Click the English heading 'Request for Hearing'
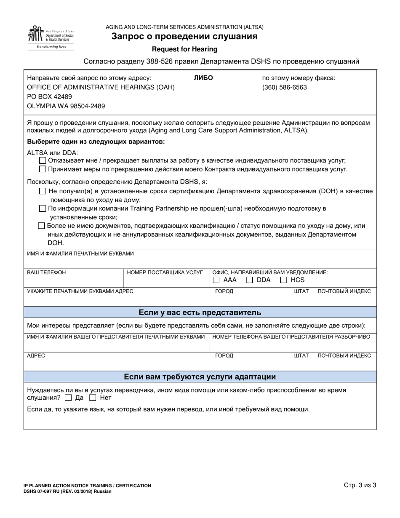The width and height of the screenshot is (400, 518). click(x=184, y=49)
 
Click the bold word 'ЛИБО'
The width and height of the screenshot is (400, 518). click(x=203, y=78)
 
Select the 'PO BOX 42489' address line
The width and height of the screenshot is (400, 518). click(x=49, y=97)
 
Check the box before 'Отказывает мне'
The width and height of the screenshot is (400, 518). click(x=42, y=160)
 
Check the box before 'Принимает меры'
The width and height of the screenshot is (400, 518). click(x=42, y=169)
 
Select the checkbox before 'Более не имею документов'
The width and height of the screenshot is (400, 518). click(x=41, y=226)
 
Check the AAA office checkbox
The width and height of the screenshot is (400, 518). click(x=216, y=280)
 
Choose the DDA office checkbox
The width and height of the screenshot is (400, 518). click(x=250, y=280)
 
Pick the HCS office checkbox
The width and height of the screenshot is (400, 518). click(x=284, y=280)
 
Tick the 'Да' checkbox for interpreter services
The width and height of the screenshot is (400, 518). click(x=69, y=398)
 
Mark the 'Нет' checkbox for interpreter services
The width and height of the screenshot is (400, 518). click(x=93, y=398)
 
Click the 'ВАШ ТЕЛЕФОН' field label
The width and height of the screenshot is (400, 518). click(x=46, y=272)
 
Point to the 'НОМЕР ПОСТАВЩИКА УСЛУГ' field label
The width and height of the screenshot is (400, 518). click(x=165, y=272)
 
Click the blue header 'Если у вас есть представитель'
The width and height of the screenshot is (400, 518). click(x=200, y=312)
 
